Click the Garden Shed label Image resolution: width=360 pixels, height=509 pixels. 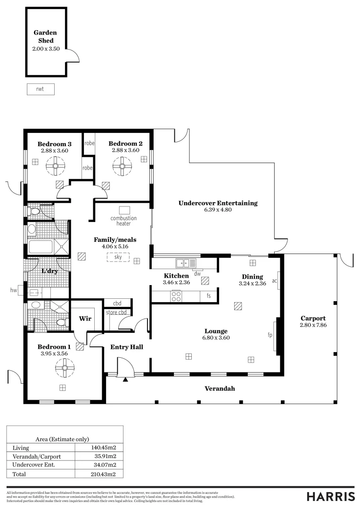(45, 36)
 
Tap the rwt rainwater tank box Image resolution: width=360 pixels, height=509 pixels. (40, 89)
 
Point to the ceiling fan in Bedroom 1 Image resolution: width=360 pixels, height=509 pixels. (62, 366)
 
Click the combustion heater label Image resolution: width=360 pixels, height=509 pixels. (123, 221)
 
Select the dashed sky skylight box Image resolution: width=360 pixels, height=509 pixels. (118, 257)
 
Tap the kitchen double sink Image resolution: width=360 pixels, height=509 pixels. (183, 263)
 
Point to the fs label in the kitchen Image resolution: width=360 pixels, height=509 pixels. (209, 296)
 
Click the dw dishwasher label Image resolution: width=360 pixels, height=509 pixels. (197, 273)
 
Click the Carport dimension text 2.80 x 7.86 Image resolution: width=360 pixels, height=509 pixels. (313, 325)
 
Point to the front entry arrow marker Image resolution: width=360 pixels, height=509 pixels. (125, 379)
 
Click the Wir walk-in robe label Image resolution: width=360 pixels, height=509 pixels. (85, 319)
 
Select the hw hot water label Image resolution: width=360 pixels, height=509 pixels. (14, 291)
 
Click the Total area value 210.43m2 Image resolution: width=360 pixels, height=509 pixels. (103, 474)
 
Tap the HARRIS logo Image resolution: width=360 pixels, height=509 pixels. (330, 496)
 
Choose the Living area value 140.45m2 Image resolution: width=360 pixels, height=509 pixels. (103, 448)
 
